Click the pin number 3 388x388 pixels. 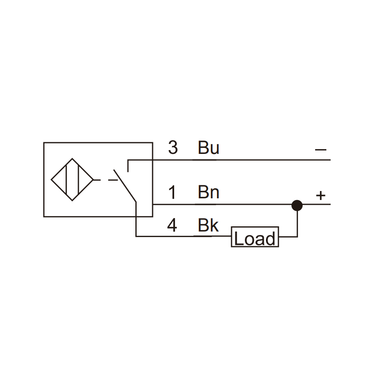(173, 147)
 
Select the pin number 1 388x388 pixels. (172, 192)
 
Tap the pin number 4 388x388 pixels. (172, 225)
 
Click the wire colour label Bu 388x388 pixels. (208, 147)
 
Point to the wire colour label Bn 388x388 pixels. (208, 192)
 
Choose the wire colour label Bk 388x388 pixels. (208, 225)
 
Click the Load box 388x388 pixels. (255, 237)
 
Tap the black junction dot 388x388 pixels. (297, 205)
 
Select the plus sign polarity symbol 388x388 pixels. (321, 195)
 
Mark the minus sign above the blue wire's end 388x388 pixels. (321, 150)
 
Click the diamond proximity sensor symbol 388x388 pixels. (72, 180)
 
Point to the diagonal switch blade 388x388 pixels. (125, 186)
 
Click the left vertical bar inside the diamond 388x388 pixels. (66, 180)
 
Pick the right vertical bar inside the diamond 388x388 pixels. (78, 180)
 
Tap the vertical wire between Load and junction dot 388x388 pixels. (297, 224)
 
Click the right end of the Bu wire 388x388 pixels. (330, 160)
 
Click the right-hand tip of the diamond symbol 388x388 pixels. (94, 180)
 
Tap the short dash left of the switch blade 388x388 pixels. (113, 180)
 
